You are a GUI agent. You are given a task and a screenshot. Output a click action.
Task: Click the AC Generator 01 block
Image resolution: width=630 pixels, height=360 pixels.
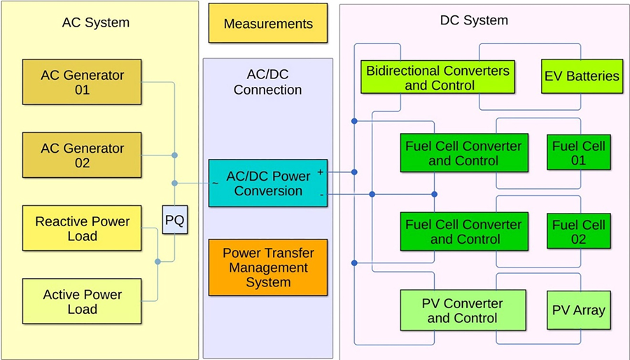point(83,82)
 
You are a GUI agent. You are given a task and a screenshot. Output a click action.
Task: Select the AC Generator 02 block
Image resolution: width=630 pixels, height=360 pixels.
point(83,155)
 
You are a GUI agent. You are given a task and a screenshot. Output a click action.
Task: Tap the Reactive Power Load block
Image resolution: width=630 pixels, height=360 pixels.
point(83,228)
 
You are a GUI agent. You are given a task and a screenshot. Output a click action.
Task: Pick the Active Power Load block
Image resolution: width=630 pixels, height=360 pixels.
point(83,302)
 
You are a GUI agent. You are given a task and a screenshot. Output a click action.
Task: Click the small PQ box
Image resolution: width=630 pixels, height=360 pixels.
point(174,221)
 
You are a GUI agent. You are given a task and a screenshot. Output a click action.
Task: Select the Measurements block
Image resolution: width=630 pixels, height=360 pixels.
point(268,24)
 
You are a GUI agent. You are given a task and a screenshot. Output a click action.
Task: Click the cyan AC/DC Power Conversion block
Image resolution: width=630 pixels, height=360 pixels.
point(268,183)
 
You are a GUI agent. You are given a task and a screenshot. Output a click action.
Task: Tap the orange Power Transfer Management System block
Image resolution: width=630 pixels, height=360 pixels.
point(268,268)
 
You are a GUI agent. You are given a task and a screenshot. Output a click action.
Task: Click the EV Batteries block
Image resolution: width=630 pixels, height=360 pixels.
point(582,76)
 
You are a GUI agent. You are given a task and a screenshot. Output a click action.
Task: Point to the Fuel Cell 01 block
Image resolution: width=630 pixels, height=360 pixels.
point(578,153)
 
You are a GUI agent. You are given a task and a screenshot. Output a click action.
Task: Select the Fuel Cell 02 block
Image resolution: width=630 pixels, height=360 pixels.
point(578,232)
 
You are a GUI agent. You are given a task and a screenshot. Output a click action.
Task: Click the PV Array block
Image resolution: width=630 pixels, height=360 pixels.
point(578,310)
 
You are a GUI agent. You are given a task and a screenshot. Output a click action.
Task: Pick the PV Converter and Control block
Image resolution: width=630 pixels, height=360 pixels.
point(462,310)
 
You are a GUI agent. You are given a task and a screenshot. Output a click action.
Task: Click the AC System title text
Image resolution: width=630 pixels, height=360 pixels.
point(95,22)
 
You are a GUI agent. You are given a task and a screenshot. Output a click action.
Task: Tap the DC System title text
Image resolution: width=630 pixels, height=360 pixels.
point(474,20)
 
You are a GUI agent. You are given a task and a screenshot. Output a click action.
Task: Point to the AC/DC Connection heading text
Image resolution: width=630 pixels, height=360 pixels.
point(267,83)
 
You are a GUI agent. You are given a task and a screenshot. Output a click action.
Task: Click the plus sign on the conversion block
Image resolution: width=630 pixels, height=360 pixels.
point(321,171)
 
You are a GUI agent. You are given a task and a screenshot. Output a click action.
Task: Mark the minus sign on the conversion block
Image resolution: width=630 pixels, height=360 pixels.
point(321,195)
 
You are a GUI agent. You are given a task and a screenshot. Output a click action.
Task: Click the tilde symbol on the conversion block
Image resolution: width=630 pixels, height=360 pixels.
point(214,184)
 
